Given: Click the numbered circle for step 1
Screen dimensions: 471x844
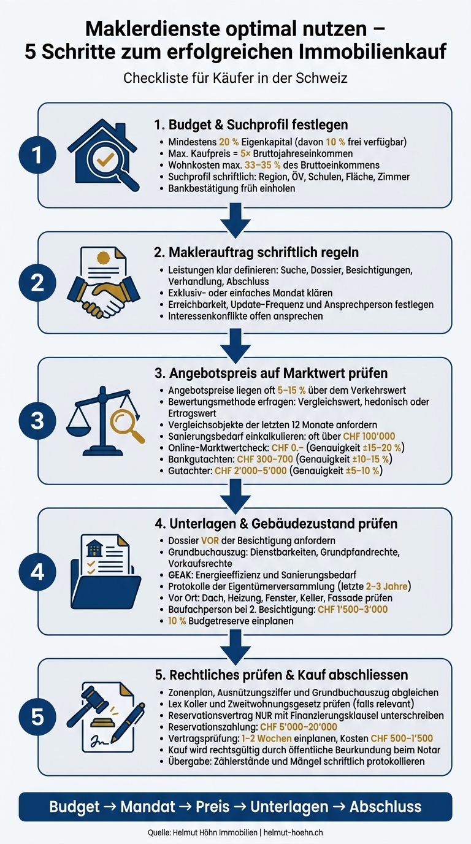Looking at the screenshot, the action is click(x=37, y=155).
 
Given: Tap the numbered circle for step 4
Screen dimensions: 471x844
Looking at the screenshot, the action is click(x=37, y=572).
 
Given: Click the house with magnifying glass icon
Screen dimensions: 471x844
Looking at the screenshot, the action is click(x=103, y=155).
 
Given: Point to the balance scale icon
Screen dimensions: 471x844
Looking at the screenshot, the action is click(x=105, y=421).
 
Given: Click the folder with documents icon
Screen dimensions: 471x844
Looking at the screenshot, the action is click(x=105, y=572).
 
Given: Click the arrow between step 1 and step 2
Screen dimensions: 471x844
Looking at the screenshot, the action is click(x=235, y=220).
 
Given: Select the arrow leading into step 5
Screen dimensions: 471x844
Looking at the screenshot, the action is click(x=235, y=647).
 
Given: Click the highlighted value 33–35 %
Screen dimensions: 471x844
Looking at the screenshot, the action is click(x=262, y=166).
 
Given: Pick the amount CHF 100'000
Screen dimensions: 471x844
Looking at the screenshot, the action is click(x=369, y=436).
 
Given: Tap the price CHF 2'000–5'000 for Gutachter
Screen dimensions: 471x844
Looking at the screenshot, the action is click(x=251, y=470).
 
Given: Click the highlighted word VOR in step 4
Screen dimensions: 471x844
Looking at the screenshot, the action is click(x=210, y=541).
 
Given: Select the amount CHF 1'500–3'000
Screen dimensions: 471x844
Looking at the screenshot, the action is click(x=353, y=609).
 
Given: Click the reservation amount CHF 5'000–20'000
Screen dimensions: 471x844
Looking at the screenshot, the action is click(x=299, y=727).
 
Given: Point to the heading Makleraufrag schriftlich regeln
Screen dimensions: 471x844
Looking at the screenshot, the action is click(x=256, y=252).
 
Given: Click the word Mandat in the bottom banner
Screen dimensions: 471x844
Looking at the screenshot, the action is click(x=148, y=807).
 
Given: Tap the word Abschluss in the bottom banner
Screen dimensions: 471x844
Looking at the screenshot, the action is click(x=386, y=807).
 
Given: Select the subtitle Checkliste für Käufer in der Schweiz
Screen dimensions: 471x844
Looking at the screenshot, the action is click(x=235, y=78).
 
